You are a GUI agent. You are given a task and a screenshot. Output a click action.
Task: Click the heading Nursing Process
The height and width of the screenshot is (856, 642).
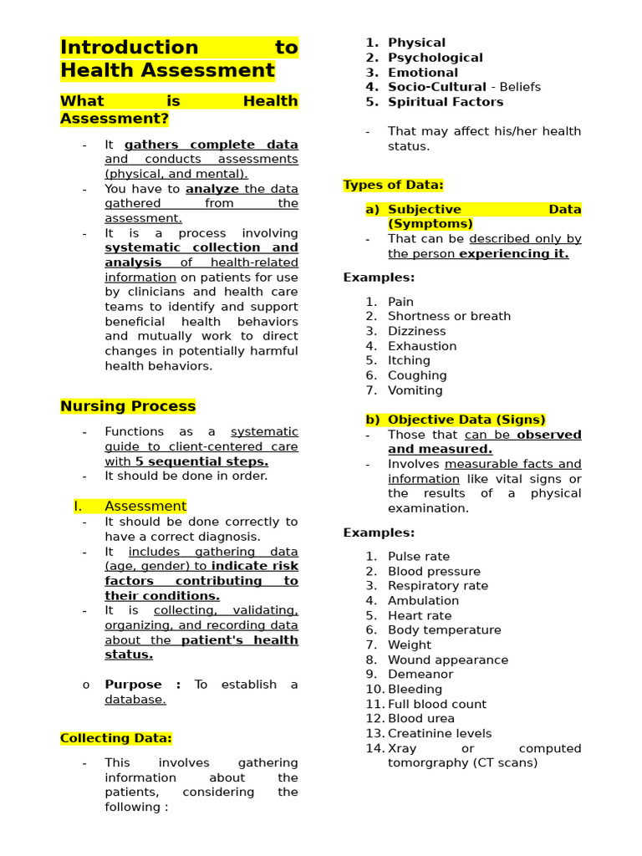point(128,406)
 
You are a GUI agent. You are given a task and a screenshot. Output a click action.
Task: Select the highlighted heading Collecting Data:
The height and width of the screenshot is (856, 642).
point(116,738)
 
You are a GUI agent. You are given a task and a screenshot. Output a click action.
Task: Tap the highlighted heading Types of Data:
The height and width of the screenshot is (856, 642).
point(393,185)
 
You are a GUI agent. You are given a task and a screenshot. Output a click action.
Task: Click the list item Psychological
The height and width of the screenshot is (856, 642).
point(435,58)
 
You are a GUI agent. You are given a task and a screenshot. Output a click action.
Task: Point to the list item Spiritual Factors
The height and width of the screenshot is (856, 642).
point(446,102)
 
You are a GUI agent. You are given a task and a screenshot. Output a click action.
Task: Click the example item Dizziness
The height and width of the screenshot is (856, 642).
point(416,331)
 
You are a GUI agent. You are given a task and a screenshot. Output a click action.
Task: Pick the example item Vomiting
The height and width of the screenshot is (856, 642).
point(415,390)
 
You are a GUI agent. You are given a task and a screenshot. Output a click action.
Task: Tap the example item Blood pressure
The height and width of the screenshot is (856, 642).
point(434,572)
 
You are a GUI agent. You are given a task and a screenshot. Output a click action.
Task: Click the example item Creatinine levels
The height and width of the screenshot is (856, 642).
point(440,733)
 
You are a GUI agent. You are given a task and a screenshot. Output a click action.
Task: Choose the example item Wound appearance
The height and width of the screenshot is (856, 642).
point(447,660)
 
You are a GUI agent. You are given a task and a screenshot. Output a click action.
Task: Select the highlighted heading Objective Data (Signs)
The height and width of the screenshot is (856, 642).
point(466,420)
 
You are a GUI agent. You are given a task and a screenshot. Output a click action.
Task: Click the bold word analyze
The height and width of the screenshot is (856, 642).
point(212,189)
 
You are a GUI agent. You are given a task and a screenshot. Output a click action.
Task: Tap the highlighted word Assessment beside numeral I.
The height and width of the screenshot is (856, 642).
point(145,506)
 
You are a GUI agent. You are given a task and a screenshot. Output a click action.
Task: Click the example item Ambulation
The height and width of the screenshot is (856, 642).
point(423,600)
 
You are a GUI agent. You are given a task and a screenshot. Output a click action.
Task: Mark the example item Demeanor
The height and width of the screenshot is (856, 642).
point(420,674)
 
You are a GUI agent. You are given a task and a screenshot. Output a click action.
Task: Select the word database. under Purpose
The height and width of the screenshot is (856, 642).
point(135,700)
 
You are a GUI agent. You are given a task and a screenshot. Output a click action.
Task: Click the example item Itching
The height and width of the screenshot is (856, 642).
point(409,360)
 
